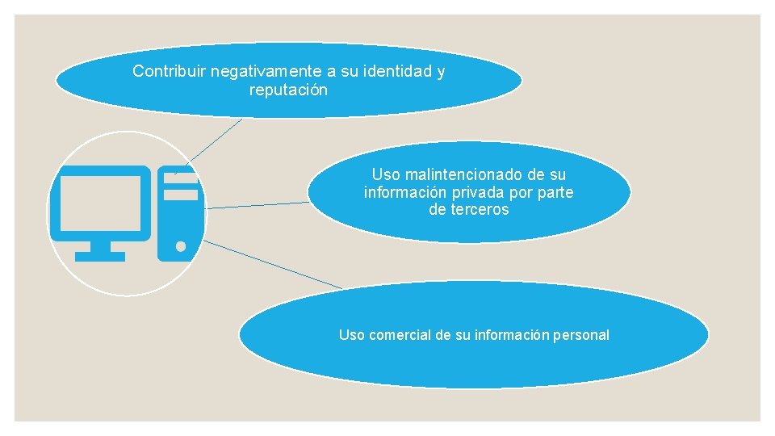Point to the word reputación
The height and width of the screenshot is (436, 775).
click(289, 90)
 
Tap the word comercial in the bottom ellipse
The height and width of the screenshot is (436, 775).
click(400, 335)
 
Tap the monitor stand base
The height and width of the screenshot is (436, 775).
click(100, 256)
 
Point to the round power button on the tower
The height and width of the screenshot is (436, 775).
click(181, 246)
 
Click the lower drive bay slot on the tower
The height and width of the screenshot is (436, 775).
click(181, 195)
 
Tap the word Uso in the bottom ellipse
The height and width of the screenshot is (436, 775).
click(352, 335)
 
